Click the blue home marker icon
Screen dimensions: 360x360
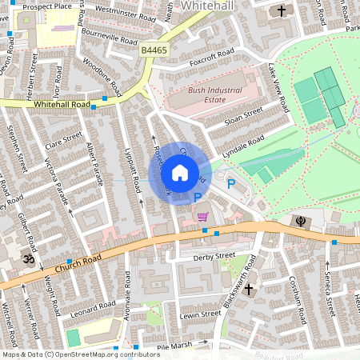coord(180,173)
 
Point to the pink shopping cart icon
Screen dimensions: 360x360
coord(202,216)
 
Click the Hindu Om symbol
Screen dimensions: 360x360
coord(27,260)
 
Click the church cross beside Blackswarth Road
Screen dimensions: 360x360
coord(248,287)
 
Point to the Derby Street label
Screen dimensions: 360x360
coord(214,256)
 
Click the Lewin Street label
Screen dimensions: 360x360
coord(200,314)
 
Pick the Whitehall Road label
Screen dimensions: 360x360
coord(60,105)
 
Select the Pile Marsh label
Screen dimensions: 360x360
coord(175,346)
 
